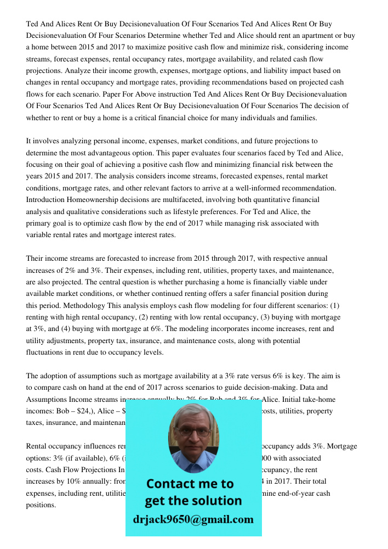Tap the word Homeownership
coord(98,200)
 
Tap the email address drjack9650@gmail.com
coord(193,519)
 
